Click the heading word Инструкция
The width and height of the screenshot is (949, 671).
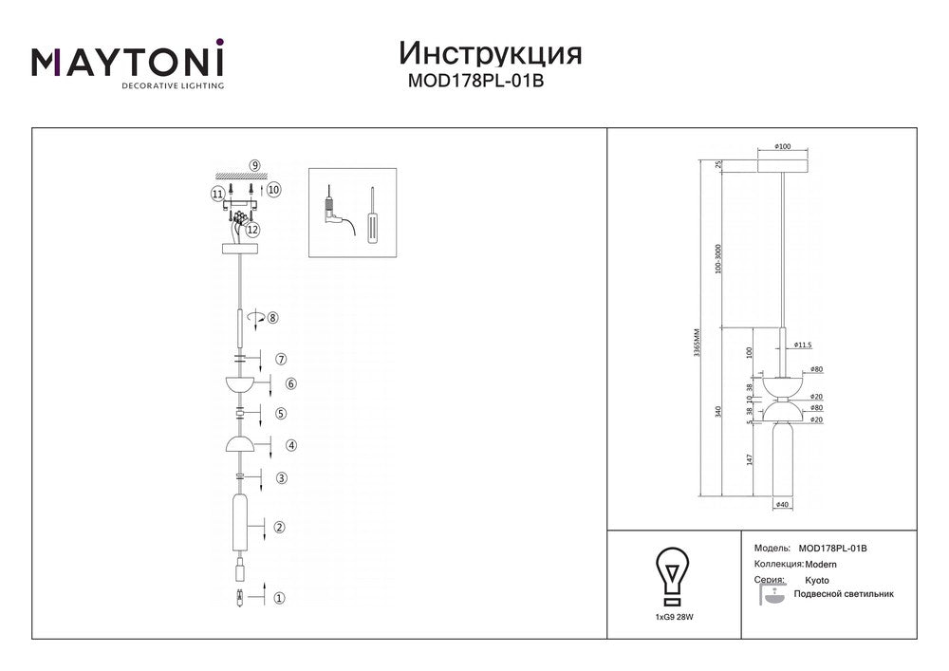click(x=491, y=53)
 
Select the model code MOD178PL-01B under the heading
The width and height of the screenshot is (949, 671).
click(x=475, y=81)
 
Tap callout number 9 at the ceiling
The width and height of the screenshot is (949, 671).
click(x=254, y=165)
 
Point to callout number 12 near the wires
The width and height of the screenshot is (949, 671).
click(x=252, y=230)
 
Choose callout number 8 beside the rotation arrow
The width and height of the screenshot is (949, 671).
click(x=273, y=318)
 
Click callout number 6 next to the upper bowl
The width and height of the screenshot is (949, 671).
click(x=291, y=383)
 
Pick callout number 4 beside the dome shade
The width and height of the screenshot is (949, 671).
click(x=291, y=445)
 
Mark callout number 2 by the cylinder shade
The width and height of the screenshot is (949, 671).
click(x=279, y=527)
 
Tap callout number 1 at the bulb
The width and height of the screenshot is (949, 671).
click(x=279, y=598)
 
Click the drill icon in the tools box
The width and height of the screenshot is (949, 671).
click(x=335, y=211)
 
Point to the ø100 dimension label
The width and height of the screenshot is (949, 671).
click(x=783, y=146)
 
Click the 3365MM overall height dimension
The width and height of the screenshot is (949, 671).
click(x=697, y=343)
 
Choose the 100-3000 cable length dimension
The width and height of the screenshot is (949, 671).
click(x=718, y=258)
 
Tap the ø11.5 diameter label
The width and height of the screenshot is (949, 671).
click(x=803, y=345)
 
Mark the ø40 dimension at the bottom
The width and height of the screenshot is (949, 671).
click(x=782, y=504)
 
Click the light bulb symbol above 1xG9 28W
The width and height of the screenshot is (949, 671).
click(x=673, y=577)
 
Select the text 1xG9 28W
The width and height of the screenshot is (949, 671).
click(x=674, y=618)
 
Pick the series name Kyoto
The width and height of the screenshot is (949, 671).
click(x=817, y=580)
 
